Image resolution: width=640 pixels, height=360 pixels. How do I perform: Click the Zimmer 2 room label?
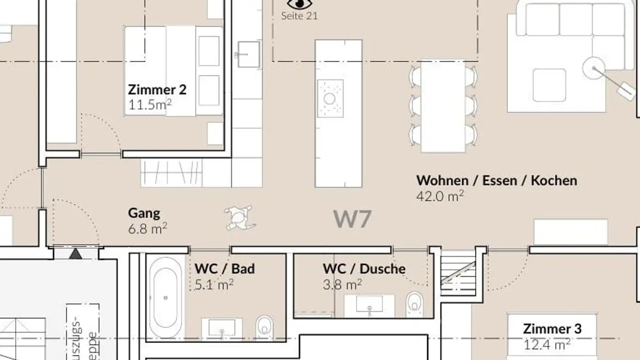pos(157,89)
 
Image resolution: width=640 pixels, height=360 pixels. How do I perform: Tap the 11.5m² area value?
pos(150,105)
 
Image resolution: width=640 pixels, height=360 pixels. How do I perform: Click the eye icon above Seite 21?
pos(299,4)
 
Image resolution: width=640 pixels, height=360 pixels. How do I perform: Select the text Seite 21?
pos(299,16)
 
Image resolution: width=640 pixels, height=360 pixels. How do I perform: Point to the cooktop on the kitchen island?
pos(330,98)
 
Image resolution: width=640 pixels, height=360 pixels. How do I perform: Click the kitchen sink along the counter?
pos(248,54)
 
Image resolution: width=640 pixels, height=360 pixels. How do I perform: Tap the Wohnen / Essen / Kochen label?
pos(496,180)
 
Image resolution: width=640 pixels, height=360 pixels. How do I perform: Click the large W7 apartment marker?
pos(352,219)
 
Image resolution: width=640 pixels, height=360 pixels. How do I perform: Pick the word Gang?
pos(144,213)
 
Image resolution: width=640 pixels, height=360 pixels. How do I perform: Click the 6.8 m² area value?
pos(147,228)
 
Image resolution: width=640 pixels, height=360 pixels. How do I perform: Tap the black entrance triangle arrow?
pos(76,254)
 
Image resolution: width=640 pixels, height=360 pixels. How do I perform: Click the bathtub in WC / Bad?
pos(165,297)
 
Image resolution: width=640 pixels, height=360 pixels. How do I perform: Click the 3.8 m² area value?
pos(342,284)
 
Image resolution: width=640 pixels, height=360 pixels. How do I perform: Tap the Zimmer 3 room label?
pos(552,329)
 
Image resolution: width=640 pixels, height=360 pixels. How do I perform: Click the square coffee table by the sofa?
pos(549,85)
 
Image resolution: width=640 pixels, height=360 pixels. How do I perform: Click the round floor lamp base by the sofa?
pos(594,68)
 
